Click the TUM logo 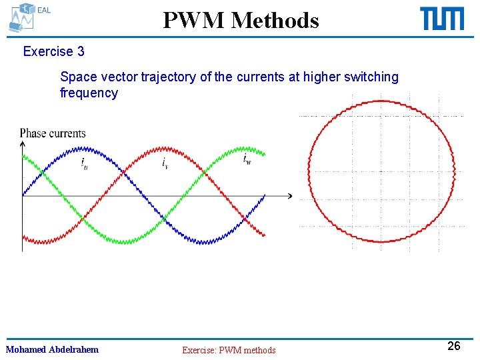click(x=442, y=19)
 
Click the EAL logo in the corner click(x=27, y=17)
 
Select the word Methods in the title click(x=275, y=21)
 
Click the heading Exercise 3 click(x=53, y=51)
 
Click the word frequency click(x=89, y=93)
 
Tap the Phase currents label click(x=53, y=133)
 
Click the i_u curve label click(x=84, y=163)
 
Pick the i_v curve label click(x=165, y=163)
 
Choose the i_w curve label click(x=246, y=159)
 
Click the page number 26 click(x=453, y=345)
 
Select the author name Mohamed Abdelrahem click(x=52, y=349)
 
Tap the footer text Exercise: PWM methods click(x=229, y=350)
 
